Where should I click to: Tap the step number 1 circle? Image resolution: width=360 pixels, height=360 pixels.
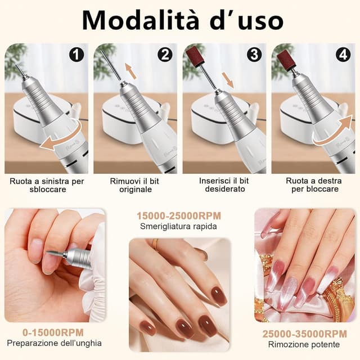76,55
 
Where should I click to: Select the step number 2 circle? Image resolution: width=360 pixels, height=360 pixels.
165,55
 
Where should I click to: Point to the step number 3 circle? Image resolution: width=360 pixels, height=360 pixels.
254,55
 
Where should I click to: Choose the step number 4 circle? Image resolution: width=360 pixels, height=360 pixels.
343,55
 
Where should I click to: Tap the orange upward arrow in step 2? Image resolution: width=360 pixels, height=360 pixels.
130,71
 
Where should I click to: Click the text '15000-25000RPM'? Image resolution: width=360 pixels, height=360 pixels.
179,216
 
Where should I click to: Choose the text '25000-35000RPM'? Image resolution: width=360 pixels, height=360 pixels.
304,334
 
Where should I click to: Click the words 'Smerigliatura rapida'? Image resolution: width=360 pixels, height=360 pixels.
179,227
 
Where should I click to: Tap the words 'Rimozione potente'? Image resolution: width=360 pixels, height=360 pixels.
304,345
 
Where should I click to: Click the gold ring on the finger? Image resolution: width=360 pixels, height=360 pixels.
155,244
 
